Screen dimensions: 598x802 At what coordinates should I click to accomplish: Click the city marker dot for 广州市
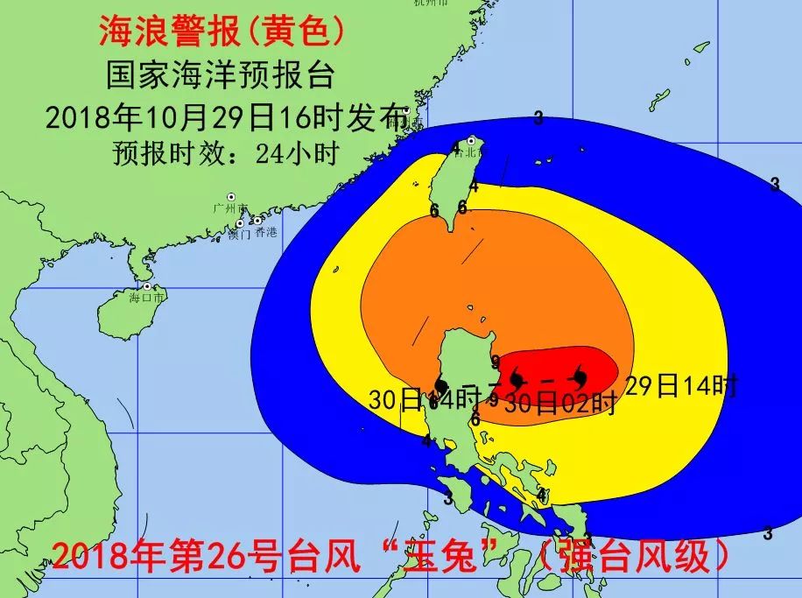pyautogui.click(x=231, y=197)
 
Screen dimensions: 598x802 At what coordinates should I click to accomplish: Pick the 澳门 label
pyautogui.click(x=238, y=235)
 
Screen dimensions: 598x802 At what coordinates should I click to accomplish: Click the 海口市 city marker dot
pyautogui.click(x=148, y=286)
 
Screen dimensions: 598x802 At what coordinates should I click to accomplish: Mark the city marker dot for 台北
pyautogui.click(x=471, y=140)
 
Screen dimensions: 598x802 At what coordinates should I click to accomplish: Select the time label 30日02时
pyautogui.click(x=561, y=404)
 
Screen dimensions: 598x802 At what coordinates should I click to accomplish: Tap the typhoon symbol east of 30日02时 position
pyautogui.click(x=579, y=377)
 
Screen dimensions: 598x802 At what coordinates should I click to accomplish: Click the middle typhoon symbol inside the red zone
pyautogui.click(x=518, y=379)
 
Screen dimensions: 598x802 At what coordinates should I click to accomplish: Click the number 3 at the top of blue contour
pyautogui.click(x=538, y=118)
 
